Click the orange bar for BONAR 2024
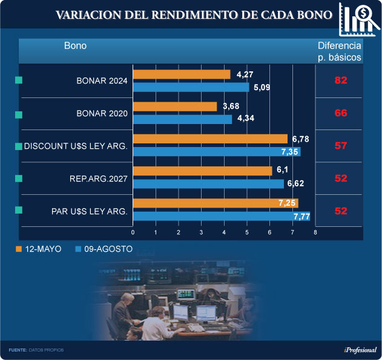click(182, 74)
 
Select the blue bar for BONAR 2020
click(182, 119)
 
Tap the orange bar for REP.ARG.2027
click(202, 171)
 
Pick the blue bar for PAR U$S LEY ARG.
click(221, 216)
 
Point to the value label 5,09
click(262, 87)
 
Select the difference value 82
click(341, 81)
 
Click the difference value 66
click(341, 113)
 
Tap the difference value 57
click(341, 146)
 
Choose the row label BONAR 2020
click(102, 113)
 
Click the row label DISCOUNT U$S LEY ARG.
click(76, 146)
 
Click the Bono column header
click(75, 46)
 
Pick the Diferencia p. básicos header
click(340, 51)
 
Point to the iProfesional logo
click(360, 350)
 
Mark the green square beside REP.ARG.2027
click(18, 178)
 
